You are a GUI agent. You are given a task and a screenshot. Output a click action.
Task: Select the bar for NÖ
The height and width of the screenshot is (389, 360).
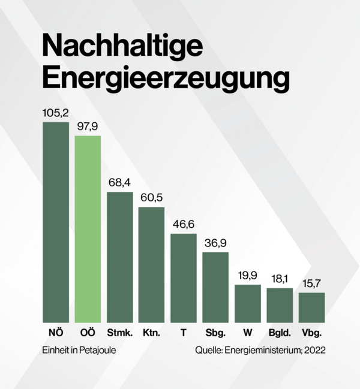56,222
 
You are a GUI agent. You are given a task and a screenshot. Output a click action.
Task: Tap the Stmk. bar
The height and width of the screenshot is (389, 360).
119,257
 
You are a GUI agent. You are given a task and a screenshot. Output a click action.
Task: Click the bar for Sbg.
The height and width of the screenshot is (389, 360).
215,288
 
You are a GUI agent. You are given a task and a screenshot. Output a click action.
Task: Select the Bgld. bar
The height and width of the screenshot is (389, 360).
280,306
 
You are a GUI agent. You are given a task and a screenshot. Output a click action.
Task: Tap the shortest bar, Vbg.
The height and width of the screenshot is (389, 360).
311,308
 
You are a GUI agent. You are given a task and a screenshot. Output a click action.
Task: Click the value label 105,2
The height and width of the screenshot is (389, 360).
56,112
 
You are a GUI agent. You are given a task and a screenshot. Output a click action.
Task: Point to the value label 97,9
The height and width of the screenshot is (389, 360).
88,126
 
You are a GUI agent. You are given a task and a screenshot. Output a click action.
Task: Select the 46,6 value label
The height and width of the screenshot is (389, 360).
184,224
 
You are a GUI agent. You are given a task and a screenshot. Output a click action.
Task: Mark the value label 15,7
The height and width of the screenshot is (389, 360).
311,283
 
